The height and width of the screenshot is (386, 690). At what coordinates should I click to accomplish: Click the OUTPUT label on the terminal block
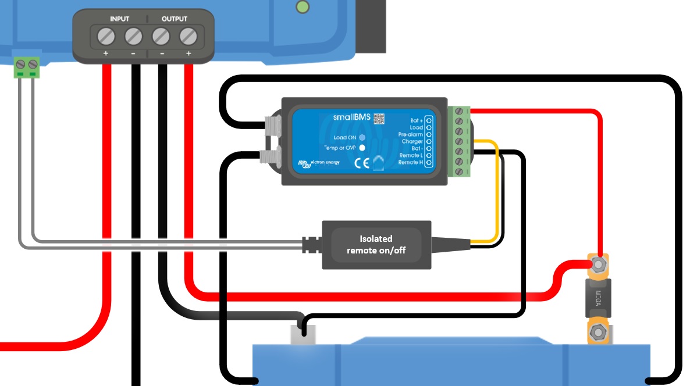pyautogui.click(x=175, y=19)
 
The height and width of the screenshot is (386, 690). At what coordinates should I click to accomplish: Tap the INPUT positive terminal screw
pyautogui.click(x=105, y=37)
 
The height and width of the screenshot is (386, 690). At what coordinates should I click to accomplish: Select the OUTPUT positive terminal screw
pyautogui.click(x=187, y=37)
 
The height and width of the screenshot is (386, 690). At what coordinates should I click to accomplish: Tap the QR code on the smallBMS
pyautogui.click(x=379, y=118)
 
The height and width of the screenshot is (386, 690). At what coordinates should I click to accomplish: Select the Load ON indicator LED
pyautogui.click(x=362, y=138)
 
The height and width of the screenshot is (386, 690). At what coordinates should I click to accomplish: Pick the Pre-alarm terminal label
pyautogui.click(x=411, y=134)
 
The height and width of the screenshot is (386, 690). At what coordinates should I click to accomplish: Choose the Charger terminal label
pyautogui.click(x=412, y=141)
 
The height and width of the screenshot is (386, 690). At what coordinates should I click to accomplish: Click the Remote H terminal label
pyautogui.click(x=410, y=162)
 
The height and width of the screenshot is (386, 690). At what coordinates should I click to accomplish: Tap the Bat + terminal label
pyautogui.click(x=415, y=120)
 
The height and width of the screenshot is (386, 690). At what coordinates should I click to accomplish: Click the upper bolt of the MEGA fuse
pyautogui.click(x=597, y=265)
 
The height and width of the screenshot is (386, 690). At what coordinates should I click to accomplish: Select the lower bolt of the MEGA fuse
pyautogui.click(x=597, y=333)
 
